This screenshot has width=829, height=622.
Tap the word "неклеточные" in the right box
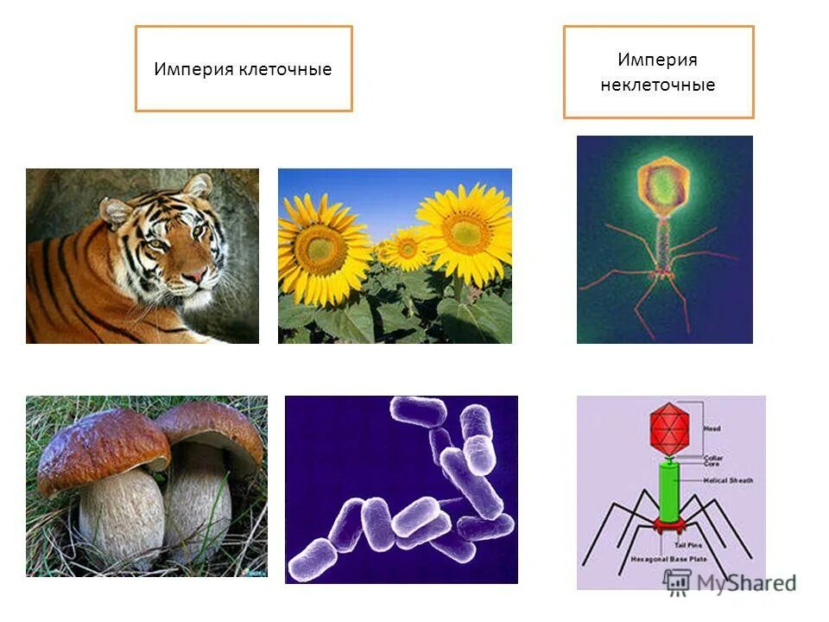[x=658, y=86]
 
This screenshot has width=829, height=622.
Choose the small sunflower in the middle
[x=403, y=248]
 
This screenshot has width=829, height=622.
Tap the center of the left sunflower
[x=320, y=248]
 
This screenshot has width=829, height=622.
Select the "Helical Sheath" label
[x=730, y=480]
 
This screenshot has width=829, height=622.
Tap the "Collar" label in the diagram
[x=713, y=458]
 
